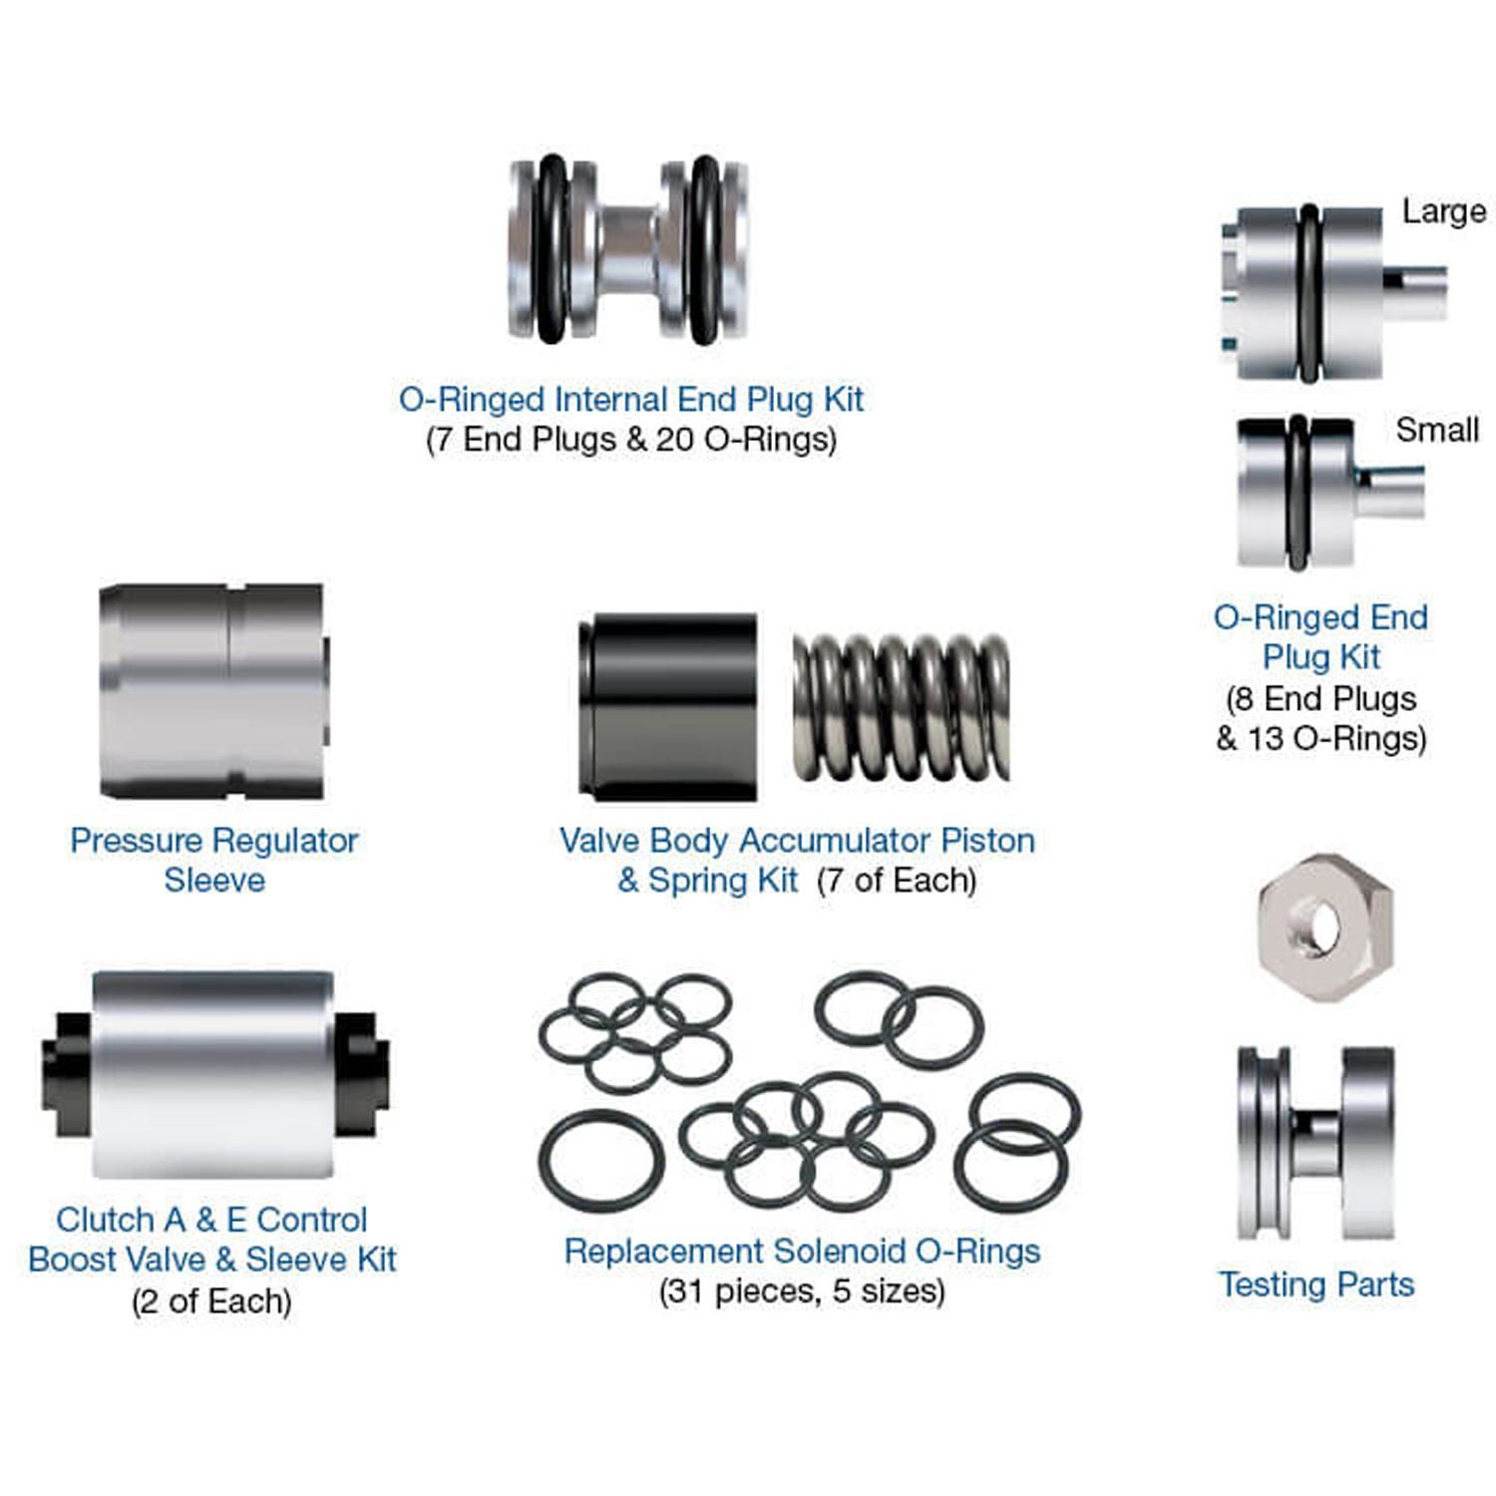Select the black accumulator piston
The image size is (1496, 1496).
coord(668,706)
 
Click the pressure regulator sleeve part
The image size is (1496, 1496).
coord(213,690)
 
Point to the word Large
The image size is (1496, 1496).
coord(1443,211)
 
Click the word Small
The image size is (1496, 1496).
coord(1436,430)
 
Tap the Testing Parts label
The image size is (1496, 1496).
coord(1316,1285)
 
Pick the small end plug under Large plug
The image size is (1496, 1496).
coord(1297,493)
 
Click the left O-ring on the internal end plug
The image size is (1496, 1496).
coord(550,249)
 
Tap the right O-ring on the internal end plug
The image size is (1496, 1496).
coord(704,249)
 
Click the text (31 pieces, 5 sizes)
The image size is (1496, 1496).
coord(802,1292)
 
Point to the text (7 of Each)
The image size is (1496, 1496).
coord(896,881)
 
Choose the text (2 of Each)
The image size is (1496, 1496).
coord(211,1302)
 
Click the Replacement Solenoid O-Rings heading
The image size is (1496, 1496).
coord(802,1251)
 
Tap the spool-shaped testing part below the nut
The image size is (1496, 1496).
coord(1314,1143)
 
